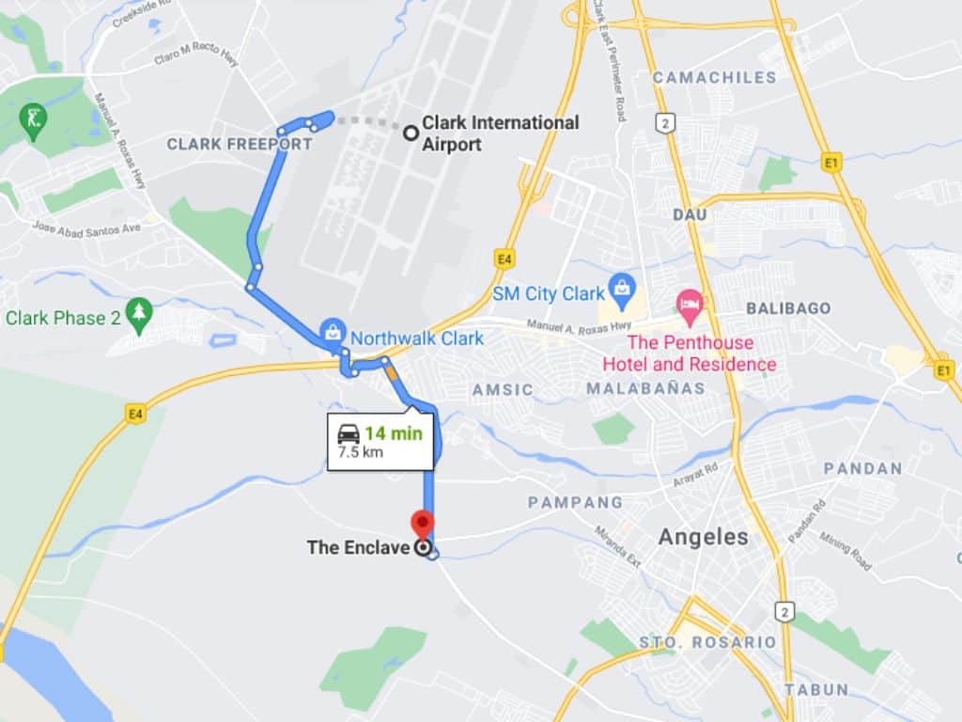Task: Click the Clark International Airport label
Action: tap(500, 133)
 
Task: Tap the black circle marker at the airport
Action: tap(411, 133)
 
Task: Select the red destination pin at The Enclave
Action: tap(424, 523)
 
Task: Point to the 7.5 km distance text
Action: tap(360, 452)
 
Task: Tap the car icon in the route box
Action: tap(349, 433)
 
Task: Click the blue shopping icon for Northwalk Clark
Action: tap(331, 331)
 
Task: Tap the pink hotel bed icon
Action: tap(690, 304)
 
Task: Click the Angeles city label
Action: tap(704, 537)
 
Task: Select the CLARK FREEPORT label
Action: tap(239, 144)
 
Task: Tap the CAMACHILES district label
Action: tap(714, 77)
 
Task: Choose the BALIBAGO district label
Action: tap(788, 308)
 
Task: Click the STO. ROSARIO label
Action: tap(707, 642)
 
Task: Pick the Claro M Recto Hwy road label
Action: tap(195, 56)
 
